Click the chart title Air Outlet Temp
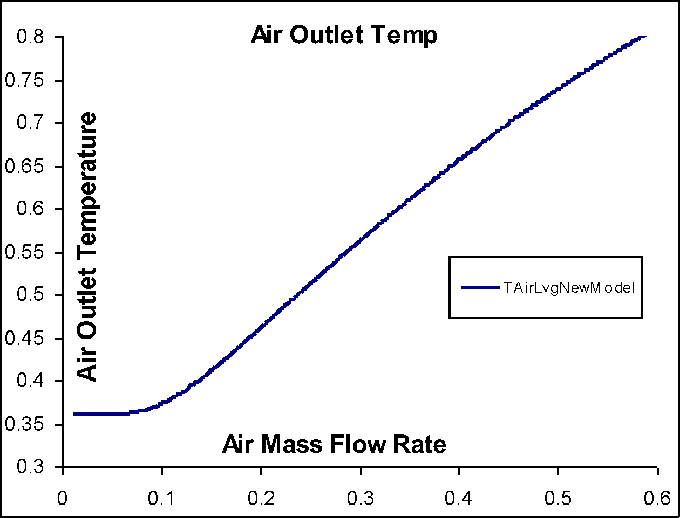pos(344,36)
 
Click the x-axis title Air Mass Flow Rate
pos(334,445)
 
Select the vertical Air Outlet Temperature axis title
pos(87,246)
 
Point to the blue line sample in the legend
pos(480,288)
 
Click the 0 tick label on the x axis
pos(63,497)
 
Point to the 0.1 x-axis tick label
pos(162,497)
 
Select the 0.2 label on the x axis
pos(261,497)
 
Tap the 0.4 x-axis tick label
pos(459,497)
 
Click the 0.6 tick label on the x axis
pos(657,497)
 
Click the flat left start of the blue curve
pos(81,414)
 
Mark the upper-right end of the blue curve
pos(642,37)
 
